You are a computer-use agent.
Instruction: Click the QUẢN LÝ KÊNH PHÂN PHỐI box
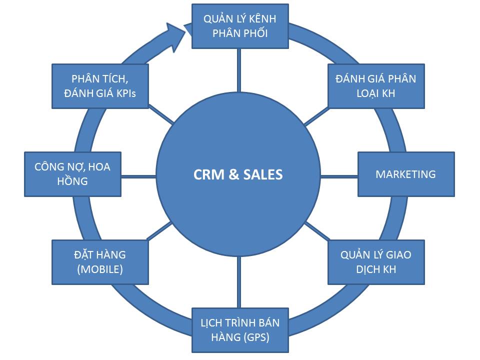pyautogui.click(x=240, y=26)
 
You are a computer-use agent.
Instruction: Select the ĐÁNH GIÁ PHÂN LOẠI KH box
pyautogui.click(x=376, y=85)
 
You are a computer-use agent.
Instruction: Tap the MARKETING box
pyautogui.click(x=406, y=174)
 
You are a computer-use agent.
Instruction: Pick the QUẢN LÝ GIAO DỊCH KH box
pyautogui.click(x=376, y=262)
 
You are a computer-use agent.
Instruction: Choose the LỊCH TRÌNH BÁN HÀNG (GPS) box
pyautogui.click(x=240, y=329)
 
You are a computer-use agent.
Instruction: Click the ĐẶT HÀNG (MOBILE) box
pyautogui.click(x=100, y=262)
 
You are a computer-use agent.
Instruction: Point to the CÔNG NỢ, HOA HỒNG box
pyautogui.click(x=72, y=174)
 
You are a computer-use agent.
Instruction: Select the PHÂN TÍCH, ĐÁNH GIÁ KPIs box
pyautogui.click(x=100, y=85)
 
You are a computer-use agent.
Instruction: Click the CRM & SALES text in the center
pyautogui.click(x=238, y=174)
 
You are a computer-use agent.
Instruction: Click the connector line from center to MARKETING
pyautogui.click(x=339, y=176)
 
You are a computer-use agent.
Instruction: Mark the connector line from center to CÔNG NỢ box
pyautogui.click(x=139, y=176)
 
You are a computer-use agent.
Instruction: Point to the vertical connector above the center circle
pyautogui.click(x=238, y=70)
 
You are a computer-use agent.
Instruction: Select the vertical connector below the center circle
pyautogui.click(x=238, y=282)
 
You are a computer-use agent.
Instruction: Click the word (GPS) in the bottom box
pyautogui.click(x=256, y=337)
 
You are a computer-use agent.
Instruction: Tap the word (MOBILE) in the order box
pyautogui.click(x=100, y=269)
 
